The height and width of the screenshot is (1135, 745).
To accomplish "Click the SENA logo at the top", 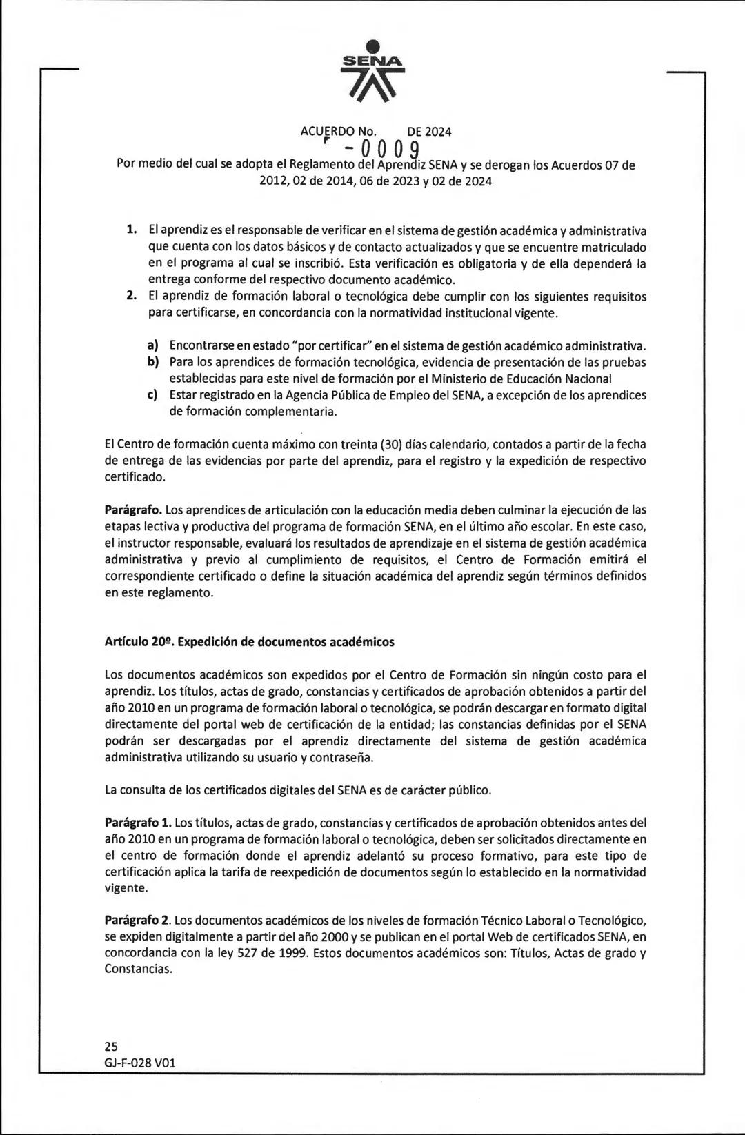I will click(x=372, y=73).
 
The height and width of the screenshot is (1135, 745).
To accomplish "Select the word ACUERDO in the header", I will click(x=327, y=131).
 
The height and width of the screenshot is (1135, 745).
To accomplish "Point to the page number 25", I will click(x=112, y=1046).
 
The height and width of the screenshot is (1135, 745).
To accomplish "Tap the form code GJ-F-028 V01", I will click(x=140, y=1063).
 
